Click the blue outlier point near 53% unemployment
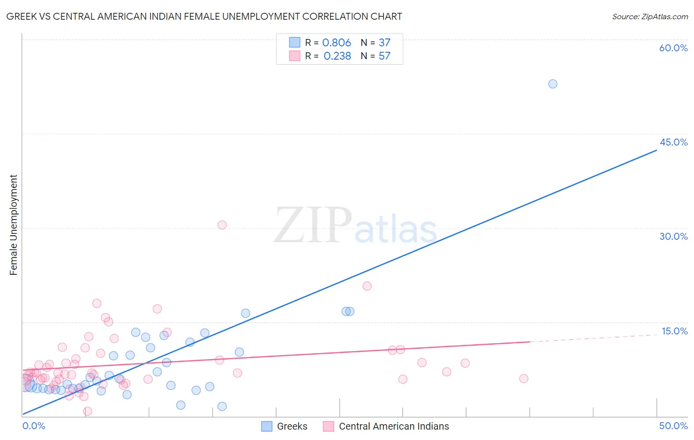coord(553,84)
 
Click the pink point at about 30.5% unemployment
coord(222,225)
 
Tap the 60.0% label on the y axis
coord(673,48)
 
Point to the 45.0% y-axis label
coord(673,142)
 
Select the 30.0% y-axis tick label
coord(673,236)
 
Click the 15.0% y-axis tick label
coord(674,331)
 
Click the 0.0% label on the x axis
coord(34,426)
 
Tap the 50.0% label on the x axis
coord(673,426)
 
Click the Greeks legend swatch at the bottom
coord(267,426)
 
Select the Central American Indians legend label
coord(394,426)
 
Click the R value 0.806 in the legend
coord(337,43)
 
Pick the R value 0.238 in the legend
coord(337,56)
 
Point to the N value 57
coord(385,56)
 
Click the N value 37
coord(385,43)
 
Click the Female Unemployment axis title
coord(13,225)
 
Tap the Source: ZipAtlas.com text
coord(650,17)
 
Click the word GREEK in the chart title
coord(21,17)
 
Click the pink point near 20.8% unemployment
coord(367,286)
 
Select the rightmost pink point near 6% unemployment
coord(524,379)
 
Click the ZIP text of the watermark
coord(313,226)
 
